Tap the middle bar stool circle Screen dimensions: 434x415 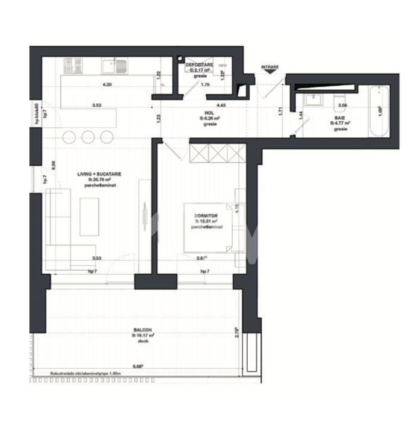[88, 135]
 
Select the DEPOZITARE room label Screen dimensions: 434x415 [198, 64]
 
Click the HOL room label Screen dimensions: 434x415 [210, 113]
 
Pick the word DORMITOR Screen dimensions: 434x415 [206, 215]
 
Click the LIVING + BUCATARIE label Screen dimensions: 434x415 [99, 174]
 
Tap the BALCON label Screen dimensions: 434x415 [143, 330]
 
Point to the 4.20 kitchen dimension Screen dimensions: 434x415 [108, 84]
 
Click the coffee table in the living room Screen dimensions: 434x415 [90, 217]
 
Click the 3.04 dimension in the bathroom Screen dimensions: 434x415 [342, 106]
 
